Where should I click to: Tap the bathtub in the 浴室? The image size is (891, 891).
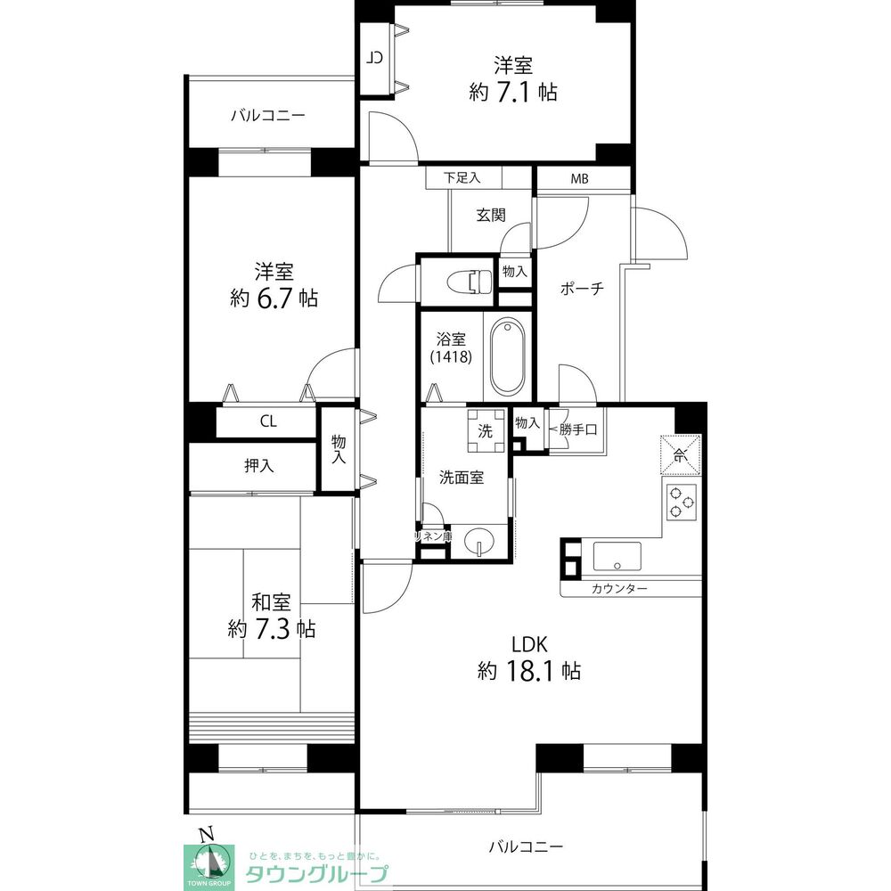(508, 356)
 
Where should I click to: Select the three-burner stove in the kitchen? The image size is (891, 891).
(682, 502)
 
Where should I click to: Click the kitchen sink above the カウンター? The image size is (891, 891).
(617, 556)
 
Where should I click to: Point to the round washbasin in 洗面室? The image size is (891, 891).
(479, 542)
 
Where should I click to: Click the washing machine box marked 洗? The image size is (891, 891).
(486, 430)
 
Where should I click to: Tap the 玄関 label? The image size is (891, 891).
(491, 216)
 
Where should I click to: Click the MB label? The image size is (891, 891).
(580, 179)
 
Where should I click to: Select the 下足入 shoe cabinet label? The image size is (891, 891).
(462, 178)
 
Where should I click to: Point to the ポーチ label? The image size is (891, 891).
(582, 289)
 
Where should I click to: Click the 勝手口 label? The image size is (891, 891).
(578, 430)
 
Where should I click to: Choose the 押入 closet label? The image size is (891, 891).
(258, 466)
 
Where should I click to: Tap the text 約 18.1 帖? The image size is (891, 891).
(529, 671)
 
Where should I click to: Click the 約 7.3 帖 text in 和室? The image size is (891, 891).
(272, 629)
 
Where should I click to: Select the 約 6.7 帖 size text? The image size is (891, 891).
(274, 298)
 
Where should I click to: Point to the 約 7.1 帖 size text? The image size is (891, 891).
(513, 92)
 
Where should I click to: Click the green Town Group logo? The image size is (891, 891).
(209, 867)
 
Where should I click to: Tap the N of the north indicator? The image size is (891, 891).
(208, 834)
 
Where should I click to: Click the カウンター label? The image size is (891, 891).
(619, 589)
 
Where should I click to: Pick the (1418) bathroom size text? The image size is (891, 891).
(451, 357)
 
